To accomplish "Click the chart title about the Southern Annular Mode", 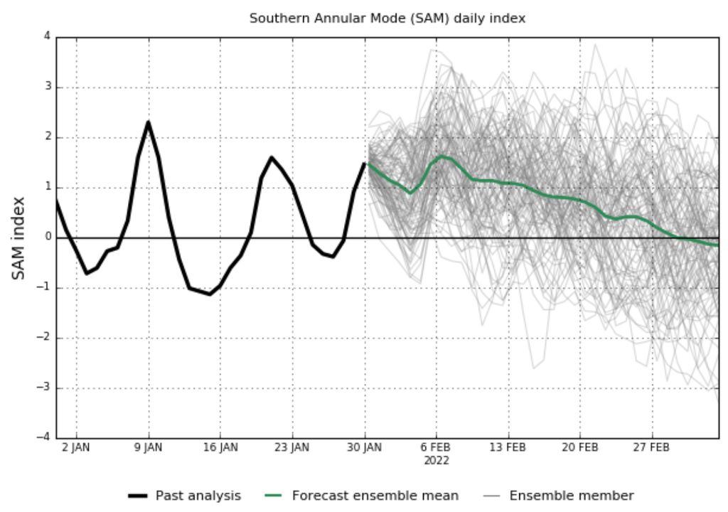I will [387, 18].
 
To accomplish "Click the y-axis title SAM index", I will [18, 238].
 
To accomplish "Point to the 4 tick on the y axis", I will [46, 37].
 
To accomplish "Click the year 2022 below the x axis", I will [437, 460].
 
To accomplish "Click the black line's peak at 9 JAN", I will [149, 122].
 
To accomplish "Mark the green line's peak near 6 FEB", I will [441, 156].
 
